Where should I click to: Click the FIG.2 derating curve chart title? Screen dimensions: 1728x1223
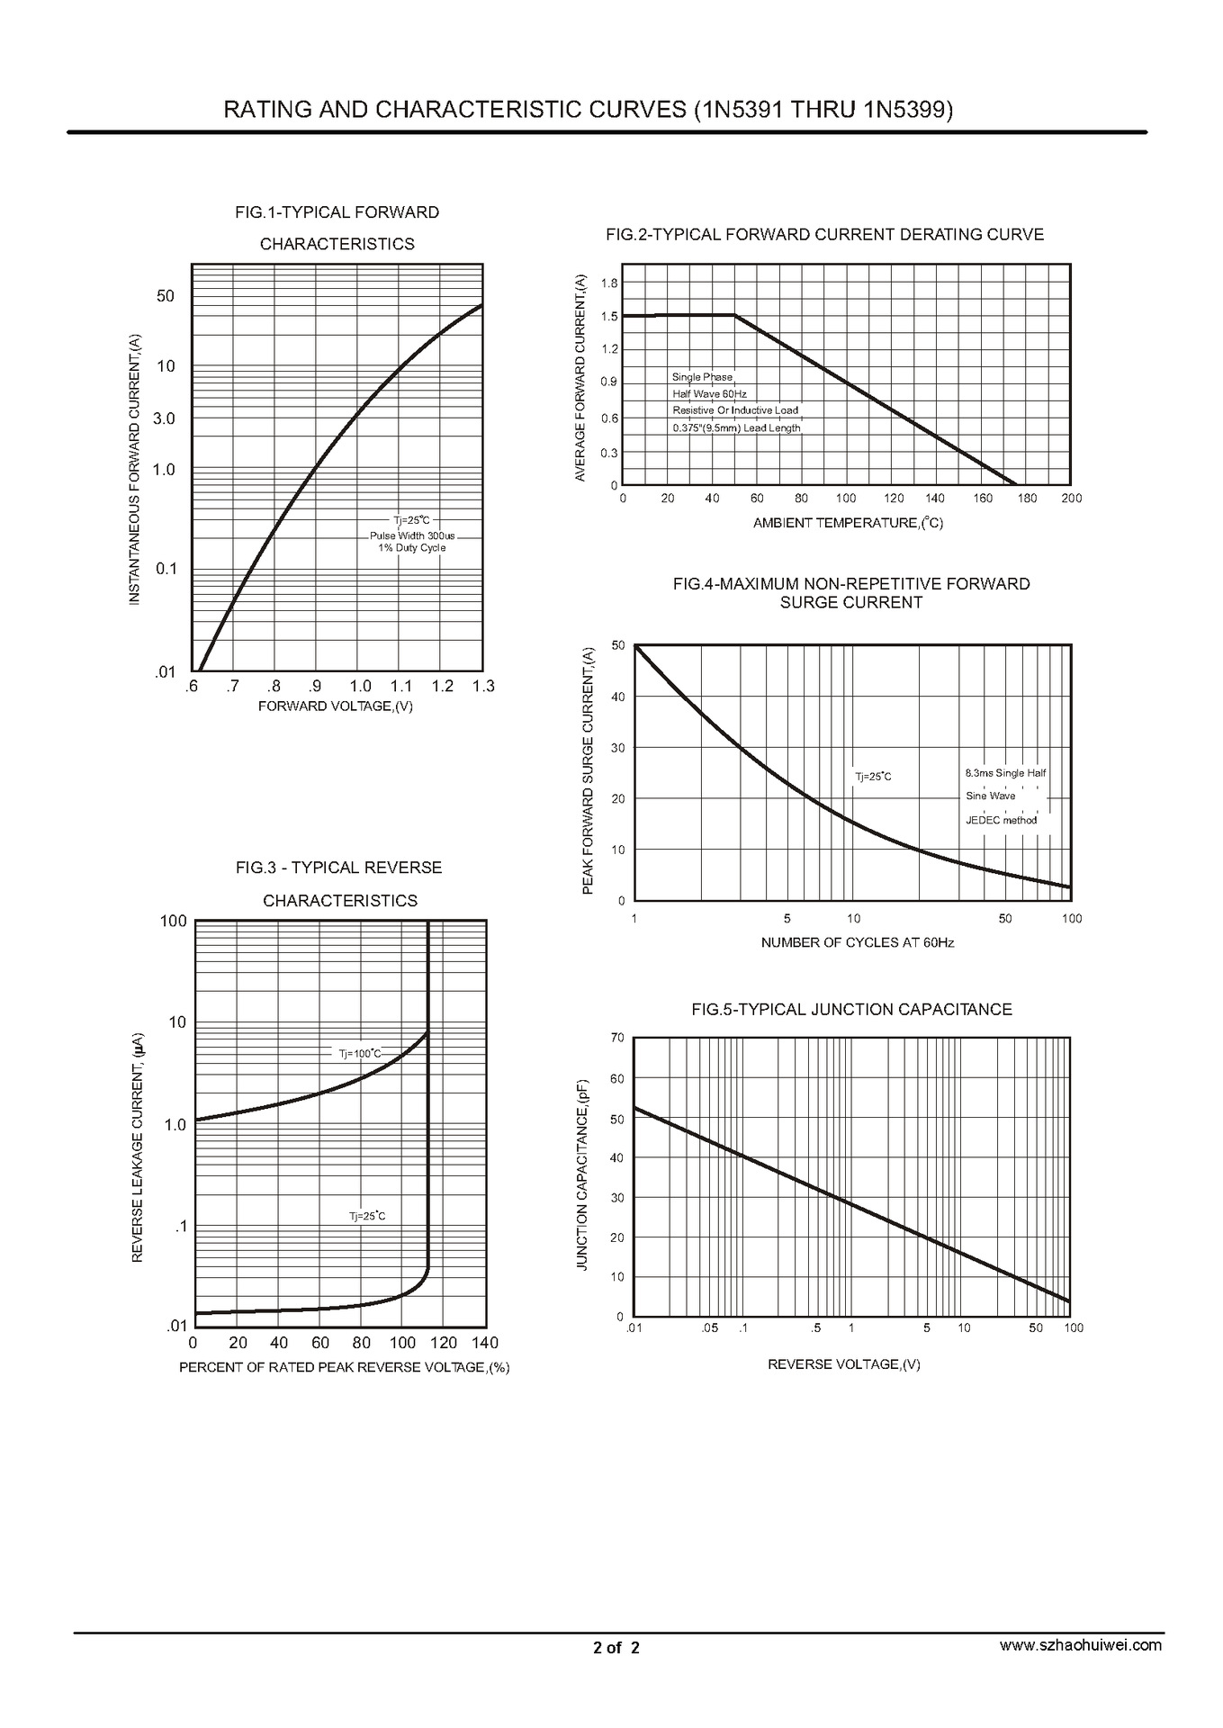824,235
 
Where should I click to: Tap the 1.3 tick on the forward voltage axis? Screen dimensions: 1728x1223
483,687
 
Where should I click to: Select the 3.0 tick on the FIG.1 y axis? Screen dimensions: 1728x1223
164,419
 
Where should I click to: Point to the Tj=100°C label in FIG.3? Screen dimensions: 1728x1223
360,1054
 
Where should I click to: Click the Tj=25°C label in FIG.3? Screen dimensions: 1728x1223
367,1217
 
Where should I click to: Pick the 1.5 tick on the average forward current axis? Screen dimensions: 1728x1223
609,317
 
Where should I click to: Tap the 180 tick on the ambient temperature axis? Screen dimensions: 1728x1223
1027,499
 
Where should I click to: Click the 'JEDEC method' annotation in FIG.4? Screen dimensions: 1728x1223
1001,821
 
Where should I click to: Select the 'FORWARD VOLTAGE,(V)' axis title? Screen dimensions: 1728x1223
336,706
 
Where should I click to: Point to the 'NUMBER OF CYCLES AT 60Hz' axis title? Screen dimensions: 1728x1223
857,943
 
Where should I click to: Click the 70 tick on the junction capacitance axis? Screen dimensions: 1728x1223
616,1039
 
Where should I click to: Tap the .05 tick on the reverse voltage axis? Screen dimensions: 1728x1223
710,1328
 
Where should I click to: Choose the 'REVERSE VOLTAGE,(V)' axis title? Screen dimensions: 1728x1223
843,1365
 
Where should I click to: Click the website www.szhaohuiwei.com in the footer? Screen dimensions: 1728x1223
1081,1645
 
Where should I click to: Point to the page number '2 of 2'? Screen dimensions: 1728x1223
616,1649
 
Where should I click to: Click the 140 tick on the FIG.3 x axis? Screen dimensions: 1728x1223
484,1344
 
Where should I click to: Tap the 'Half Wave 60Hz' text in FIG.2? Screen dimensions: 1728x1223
709,394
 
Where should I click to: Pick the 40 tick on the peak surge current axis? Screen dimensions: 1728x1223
617,697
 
